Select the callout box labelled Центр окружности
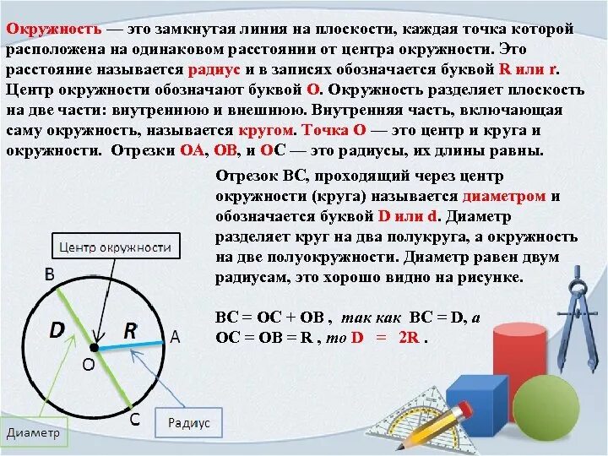point(115,247)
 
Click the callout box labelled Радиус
point(189,422)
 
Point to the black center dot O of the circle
point(95,347)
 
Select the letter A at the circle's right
point(175,336)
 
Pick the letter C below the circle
point(134,418)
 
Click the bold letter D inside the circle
point(57,330)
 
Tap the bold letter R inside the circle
point(130,330)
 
